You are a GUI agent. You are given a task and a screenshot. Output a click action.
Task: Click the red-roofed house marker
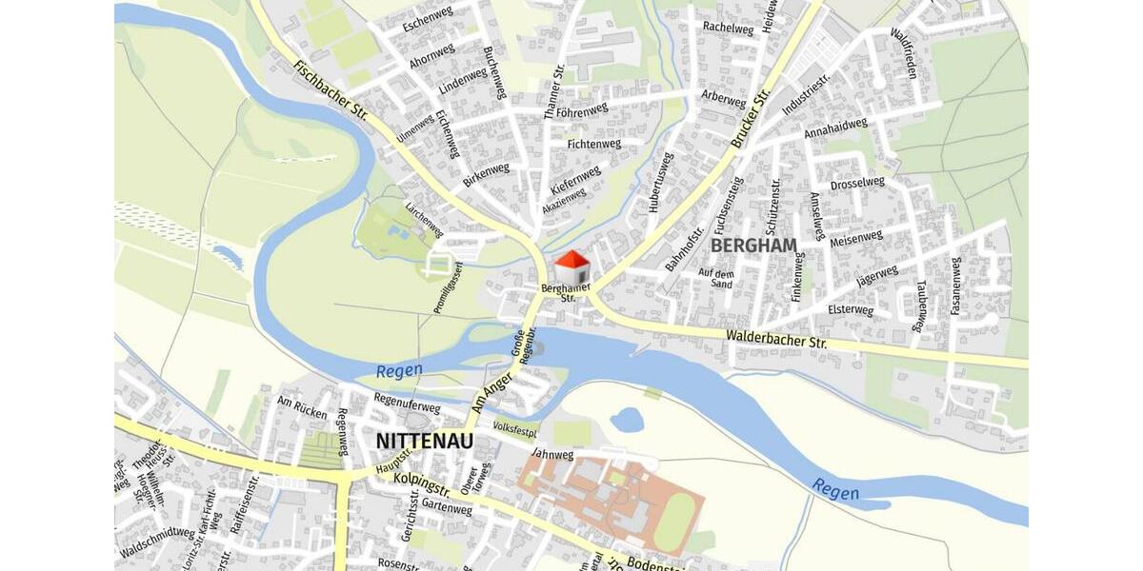[571, 267]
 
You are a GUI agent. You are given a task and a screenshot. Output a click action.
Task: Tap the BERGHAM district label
[753, 246]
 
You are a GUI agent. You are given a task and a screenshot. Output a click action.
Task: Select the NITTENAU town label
[424, 442]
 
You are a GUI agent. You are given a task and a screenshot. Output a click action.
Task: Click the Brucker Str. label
[751, 119]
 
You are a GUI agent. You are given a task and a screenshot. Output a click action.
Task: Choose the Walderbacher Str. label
[776, 339]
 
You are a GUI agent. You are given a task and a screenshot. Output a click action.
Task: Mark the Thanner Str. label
[554, 91]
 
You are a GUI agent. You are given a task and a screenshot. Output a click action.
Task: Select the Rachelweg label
[728, 28]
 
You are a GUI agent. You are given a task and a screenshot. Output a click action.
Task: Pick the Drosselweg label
[857, 183]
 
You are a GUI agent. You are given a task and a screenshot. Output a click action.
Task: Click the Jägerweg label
[876, 277]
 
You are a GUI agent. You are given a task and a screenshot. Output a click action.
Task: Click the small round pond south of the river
[627, 419]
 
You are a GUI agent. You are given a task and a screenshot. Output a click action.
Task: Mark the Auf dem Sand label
[716, 278]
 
